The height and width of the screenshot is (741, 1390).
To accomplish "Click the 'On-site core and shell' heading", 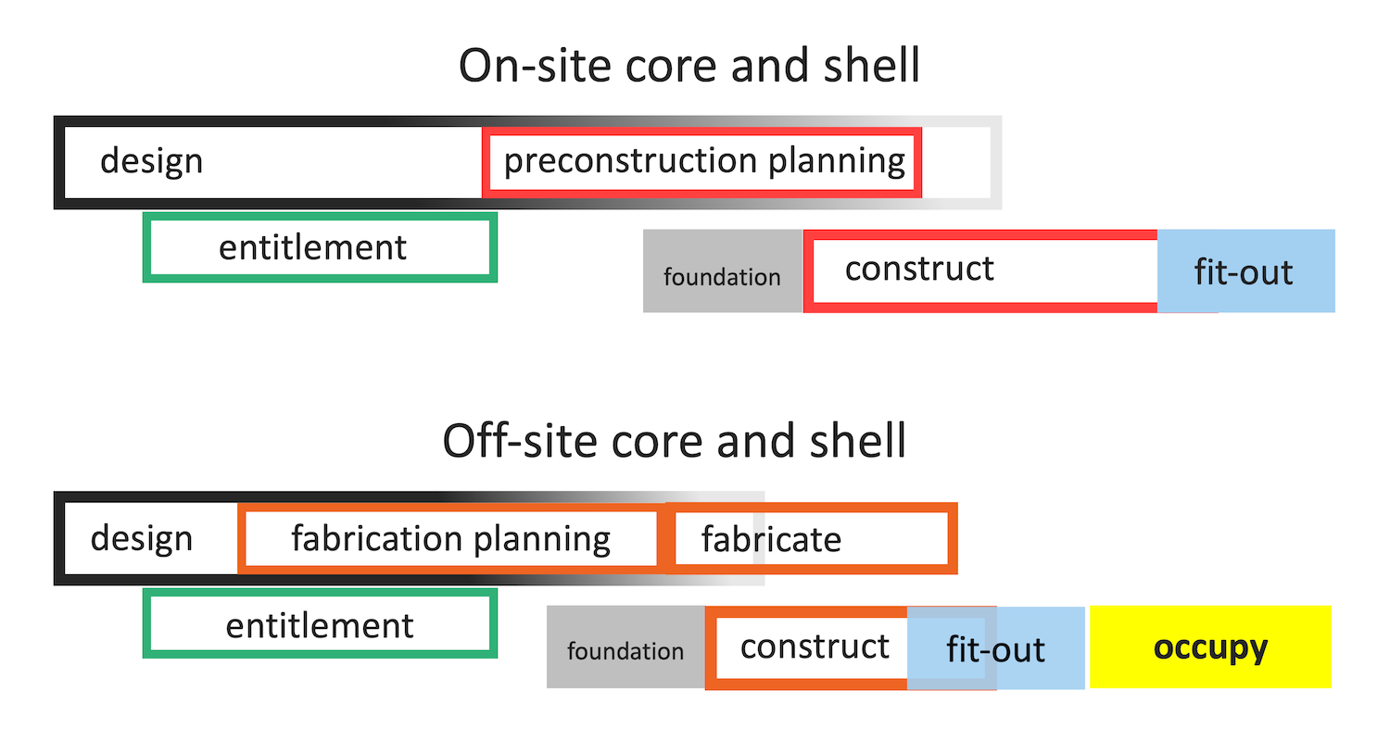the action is pyautogui.click(x=689, y=65).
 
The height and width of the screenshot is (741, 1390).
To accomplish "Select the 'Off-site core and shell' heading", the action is pyautogui.click(x=675, y=441).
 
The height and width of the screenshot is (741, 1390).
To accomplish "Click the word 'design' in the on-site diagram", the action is pyautogui.click(x=151, y=162).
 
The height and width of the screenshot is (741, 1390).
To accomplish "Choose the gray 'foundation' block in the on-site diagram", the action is pyautogui.click(x=723, y=271).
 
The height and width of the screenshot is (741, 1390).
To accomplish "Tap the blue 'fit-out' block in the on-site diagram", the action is pyautogui.click(x=1246, y=271).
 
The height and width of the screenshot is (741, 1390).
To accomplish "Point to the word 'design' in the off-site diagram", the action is pyautogui.click(x=142, y=538).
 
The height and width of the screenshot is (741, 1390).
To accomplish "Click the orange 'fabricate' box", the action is pyautogui.click(x=812, y=508).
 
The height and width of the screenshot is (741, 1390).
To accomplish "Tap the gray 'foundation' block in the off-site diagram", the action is pyautogui.click(x=625, y=647).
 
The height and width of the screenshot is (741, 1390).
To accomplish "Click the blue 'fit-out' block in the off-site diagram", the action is pyautogui.click(x=996, y=648).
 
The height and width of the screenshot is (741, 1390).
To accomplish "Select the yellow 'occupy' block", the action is pyautogui.click(x=1210, y=647).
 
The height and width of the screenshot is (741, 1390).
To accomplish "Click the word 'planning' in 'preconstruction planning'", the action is pyautogui.click(x=837, y=162).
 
